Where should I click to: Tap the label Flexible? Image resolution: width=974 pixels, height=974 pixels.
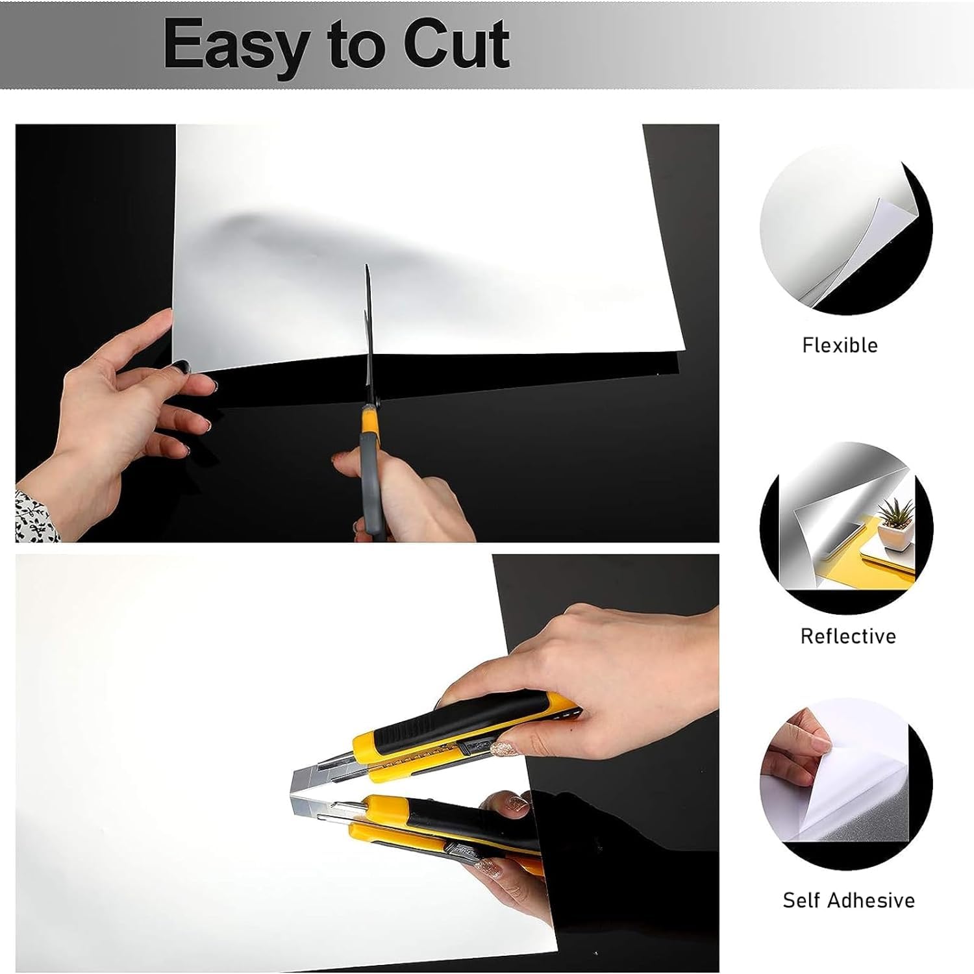[840, 345]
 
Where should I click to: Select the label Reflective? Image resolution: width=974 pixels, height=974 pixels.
[848, 636]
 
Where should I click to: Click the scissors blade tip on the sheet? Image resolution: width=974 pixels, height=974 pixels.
[366, 266]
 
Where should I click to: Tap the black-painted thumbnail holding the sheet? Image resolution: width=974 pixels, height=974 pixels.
[179, 367]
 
